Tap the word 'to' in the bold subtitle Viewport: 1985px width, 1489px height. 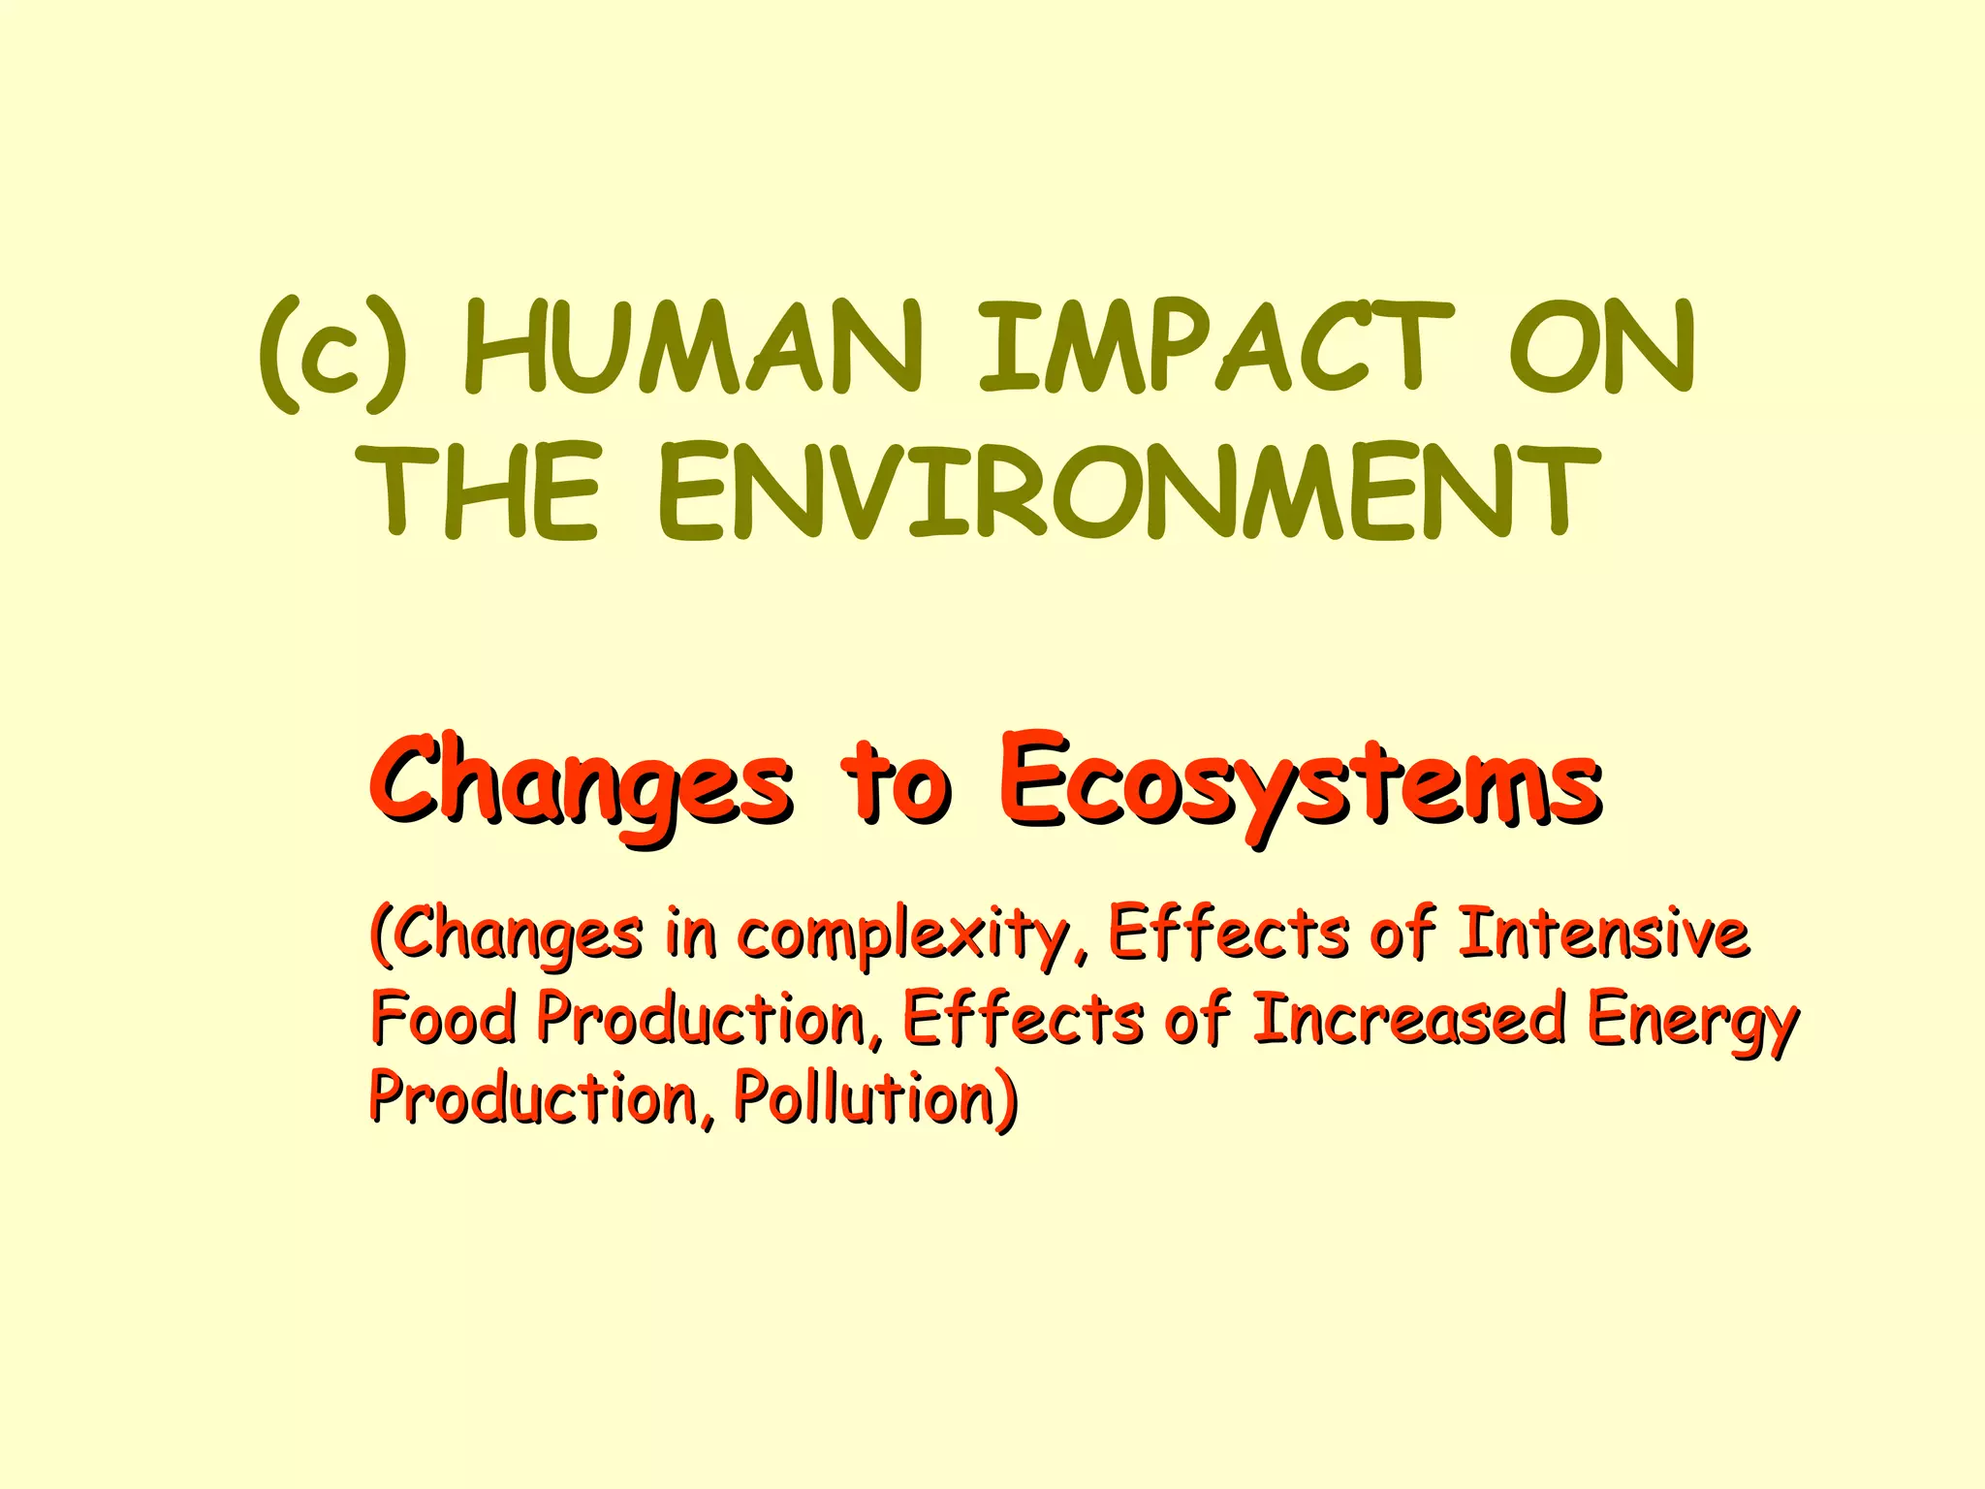(x=897, y=785)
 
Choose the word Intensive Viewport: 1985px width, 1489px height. (x=1603, y=933)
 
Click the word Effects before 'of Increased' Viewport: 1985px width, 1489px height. (x=1023, y=1018)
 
